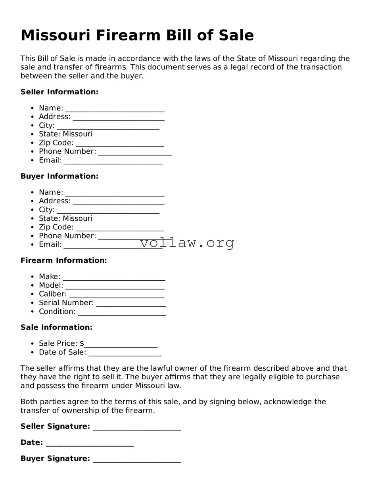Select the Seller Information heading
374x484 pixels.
tap(59, 92)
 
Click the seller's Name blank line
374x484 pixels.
tap(115, 110)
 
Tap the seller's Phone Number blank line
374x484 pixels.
tap(135, 153)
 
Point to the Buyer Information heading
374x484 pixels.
tap(59, 176)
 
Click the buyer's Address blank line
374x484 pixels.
tap(119, 203)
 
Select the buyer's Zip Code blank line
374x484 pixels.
tap(120, 229)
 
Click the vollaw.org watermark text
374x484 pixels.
tap(187, 243)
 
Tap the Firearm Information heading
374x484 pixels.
tap(64, 260)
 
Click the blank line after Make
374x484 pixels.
tap(114, 278)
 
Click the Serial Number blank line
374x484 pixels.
tap(131, 304)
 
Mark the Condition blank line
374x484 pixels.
tap(122, 313)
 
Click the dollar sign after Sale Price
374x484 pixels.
tap(82, 343)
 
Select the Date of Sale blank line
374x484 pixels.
tap(125, 354)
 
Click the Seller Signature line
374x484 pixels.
tap(137, 428)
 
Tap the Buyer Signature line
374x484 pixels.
tap(137, 460)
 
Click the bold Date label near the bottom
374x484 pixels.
tap(31, 442)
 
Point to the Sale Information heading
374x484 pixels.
tap(56, 327)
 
